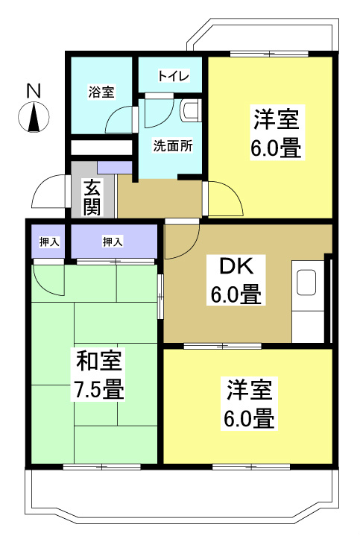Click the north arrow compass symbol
click(x=34, y=118)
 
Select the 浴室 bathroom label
click(x=101, y=92)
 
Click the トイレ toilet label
click(x=174, y=77)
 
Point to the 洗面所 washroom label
click(x=173, y=145)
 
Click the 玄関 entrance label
click(x=92, y=196)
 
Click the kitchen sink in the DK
click(x=308, y=283)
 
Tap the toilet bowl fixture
click(x=190, y=111)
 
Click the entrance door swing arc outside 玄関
click(x=49, y=192)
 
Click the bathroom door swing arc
click(x=120, y=119)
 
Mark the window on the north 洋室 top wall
click(x=269, y=54)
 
